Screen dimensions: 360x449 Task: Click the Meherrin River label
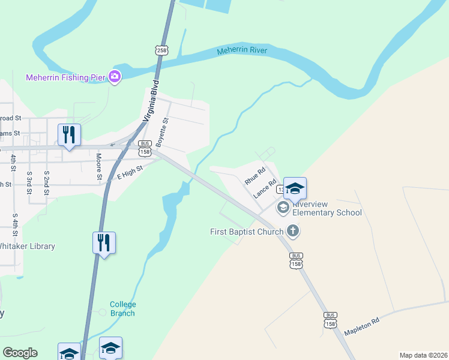point(242,50)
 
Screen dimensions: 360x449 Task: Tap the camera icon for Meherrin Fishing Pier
point(114,77)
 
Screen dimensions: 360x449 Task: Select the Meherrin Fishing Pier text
point(65,77)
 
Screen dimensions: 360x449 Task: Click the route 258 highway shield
point(161,50)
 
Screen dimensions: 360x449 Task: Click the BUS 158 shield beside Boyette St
point(145,147)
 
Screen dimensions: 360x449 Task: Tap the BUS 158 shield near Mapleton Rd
point(330,320)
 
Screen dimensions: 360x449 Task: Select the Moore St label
point(99,166)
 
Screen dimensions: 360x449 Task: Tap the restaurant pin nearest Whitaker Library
point(104,243)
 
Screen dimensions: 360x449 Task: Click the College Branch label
point(122,309)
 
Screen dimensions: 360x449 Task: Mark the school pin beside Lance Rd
point(295,188)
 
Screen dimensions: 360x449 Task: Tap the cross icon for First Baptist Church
point(292,230)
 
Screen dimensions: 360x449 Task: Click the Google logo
point(20,353)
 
